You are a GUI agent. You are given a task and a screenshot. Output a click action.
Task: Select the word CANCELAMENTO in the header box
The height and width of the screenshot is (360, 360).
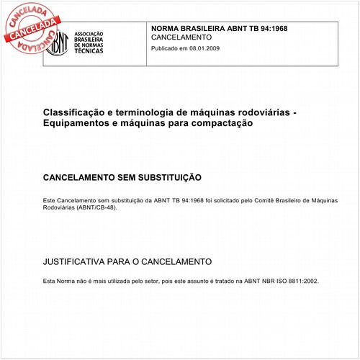point(181,37)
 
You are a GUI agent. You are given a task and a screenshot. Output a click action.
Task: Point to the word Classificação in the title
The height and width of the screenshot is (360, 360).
point(72,112)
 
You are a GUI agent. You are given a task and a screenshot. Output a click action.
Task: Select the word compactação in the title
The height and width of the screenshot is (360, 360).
point(222,124)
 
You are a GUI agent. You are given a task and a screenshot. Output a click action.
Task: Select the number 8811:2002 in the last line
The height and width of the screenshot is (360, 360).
point(300,281)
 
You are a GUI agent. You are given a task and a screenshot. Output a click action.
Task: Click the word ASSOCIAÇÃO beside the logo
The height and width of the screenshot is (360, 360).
point(91,32)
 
